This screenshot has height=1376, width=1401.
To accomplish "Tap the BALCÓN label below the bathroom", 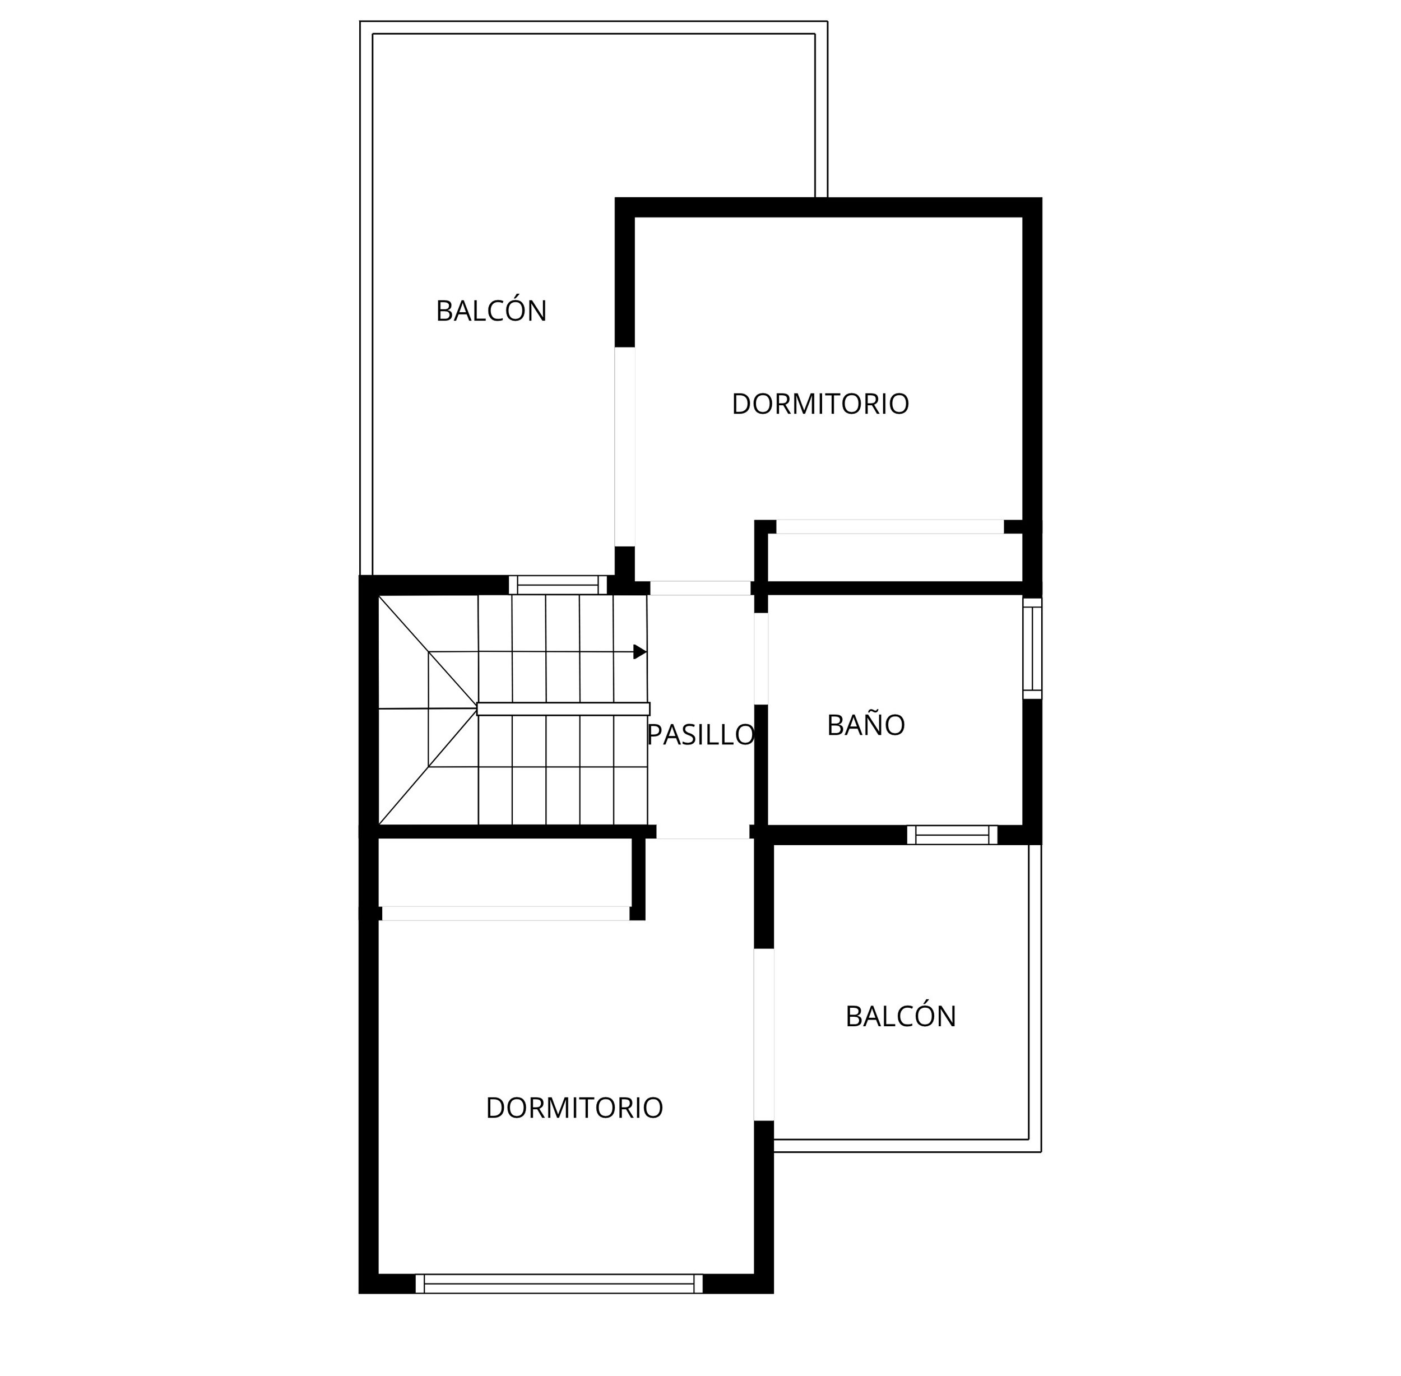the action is coord(900,1016).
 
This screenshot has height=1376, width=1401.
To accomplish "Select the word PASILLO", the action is coord(701,734).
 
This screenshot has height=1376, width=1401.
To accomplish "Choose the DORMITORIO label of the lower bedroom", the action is coord(574,1107).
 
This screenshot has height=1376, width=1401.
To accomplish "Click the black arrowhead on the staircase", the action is coord(639,652).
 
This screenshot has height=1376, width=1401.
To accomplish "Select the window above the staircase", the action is coord(558,585).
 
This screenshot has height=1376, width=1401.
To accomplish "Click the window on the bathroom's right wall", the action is coord(1032,648).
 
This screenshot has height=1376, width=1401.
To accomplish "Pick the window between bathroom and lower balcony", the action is coord(952,835).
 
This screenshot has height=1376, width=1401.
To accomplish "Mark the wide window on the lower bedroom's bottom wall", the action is coord(559,1284).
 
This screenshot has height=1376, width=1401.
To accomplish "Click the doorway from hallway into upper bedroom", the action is coord(700,587).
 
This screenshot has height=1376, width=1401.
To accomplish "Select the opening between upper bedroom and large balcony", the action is coord(625,447).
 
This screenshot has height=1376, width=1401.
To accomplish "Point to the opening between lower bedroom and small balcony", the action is coord(764,1034).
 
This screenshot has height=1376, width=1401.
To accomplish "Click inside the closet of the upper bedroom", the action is coord(894,557).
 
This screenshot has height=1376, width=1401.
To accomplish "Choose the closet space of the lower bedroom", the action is coord(505,872).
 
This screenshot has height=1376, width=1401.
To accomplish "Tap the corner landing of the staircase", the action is coord(428,709).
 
